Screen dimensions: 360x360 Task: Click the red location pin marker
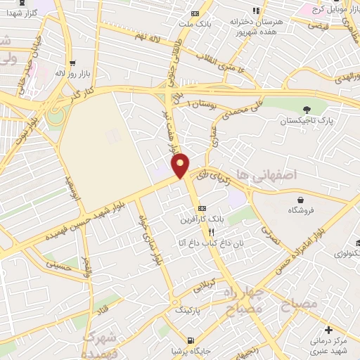181,165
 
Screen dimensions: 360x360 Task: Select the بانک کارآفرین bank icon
202,208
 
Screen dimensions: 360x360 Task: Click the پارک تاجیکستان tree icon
305,109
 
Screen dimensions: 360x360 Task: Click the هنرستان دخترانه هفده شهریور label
257,26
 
